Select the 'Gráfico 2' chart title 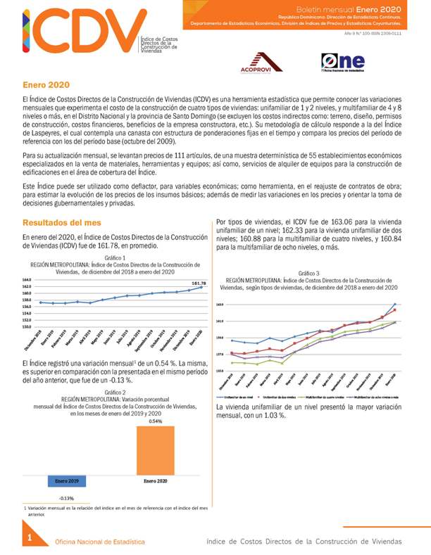coord(115,392)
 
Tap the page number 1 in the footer coord(30,539)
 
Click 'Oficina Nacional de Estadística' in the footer coord(101,542)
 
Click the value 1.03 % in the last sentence coord(275,416)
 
